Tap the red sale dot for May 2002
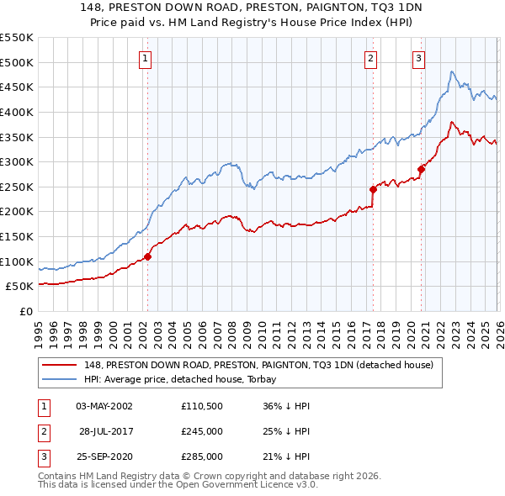pos(147,256)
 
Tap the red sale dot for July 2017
pos(373,189)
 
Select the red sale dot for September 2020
pos(421,170)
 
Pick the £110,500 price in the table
pos(201,406)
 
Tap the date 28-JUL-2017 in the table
pos(105,431)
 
